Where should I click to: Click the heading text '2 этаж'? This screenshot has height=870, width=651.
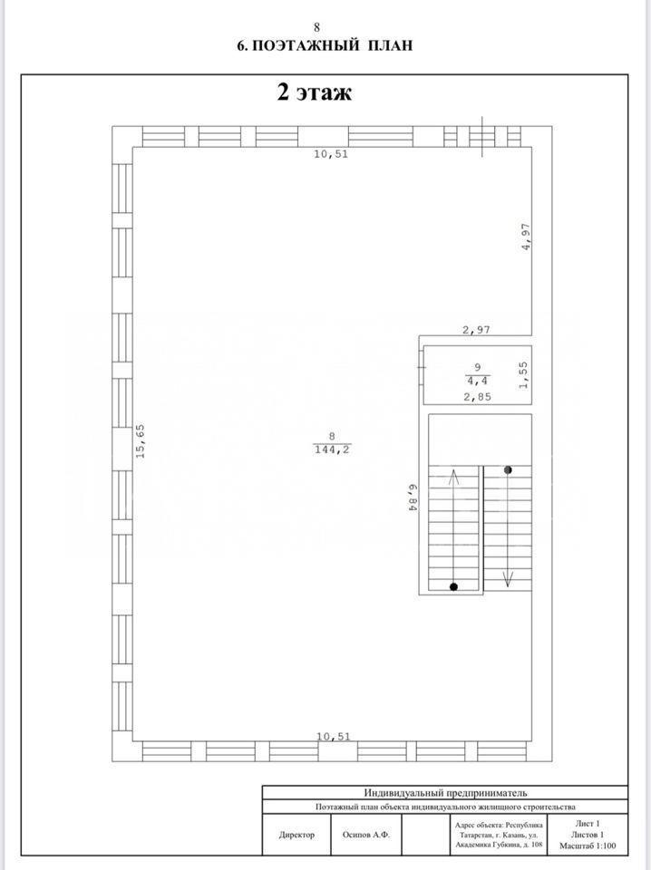click(314, 92)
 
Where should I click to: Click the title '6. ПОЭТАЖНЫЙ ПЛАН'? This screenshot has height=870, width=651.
click(325, 45)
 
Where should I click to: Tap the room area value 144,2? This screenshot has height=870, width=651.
click(332, 450)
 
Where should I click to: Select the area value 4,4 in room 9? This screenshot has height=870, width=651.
click(477, 382)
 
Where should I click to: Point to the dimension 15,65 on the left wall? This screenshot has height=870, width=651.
click(141, 440)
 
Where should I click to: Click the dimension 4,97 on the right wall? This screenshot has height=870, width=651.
click(526, 237)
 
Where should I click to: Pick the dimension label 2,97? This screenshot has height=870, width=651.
click(477, 330)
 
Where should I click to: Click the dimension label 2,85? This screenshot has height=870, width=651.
click(477, 397)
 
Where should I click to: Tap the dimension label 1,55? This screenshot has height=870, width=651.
click(523, 375)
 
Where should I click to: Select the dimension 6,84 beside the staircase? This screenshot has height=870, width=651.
click(413, 497)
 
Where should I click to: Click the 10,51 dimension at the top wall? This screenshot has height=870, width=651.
click(331, 154)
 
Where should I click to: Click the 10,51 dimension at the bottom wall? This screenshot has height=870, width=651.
click(334, 736)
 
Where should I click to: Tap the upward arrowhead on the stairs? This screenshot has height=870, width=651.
click(453, 476)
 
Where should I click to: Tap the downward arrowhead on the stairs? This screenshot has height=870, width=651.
click(507, 579)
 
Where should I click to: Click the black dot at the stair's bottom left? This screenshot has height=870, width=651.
click(453, 586)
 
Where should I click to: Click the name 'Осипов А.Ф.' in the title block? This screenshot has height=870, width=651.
click(365, 835)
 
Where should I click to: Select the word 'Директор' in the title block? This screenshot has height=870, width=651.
click(296, 835)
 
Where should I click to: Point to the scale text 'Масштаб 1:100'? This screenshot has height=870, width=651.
click(588, 846)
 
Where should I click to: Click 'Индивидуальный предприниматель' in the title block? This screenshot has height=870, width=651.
click(445, 793)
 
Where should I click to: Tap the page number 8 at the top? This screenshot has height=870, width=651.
click(317, 27)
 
